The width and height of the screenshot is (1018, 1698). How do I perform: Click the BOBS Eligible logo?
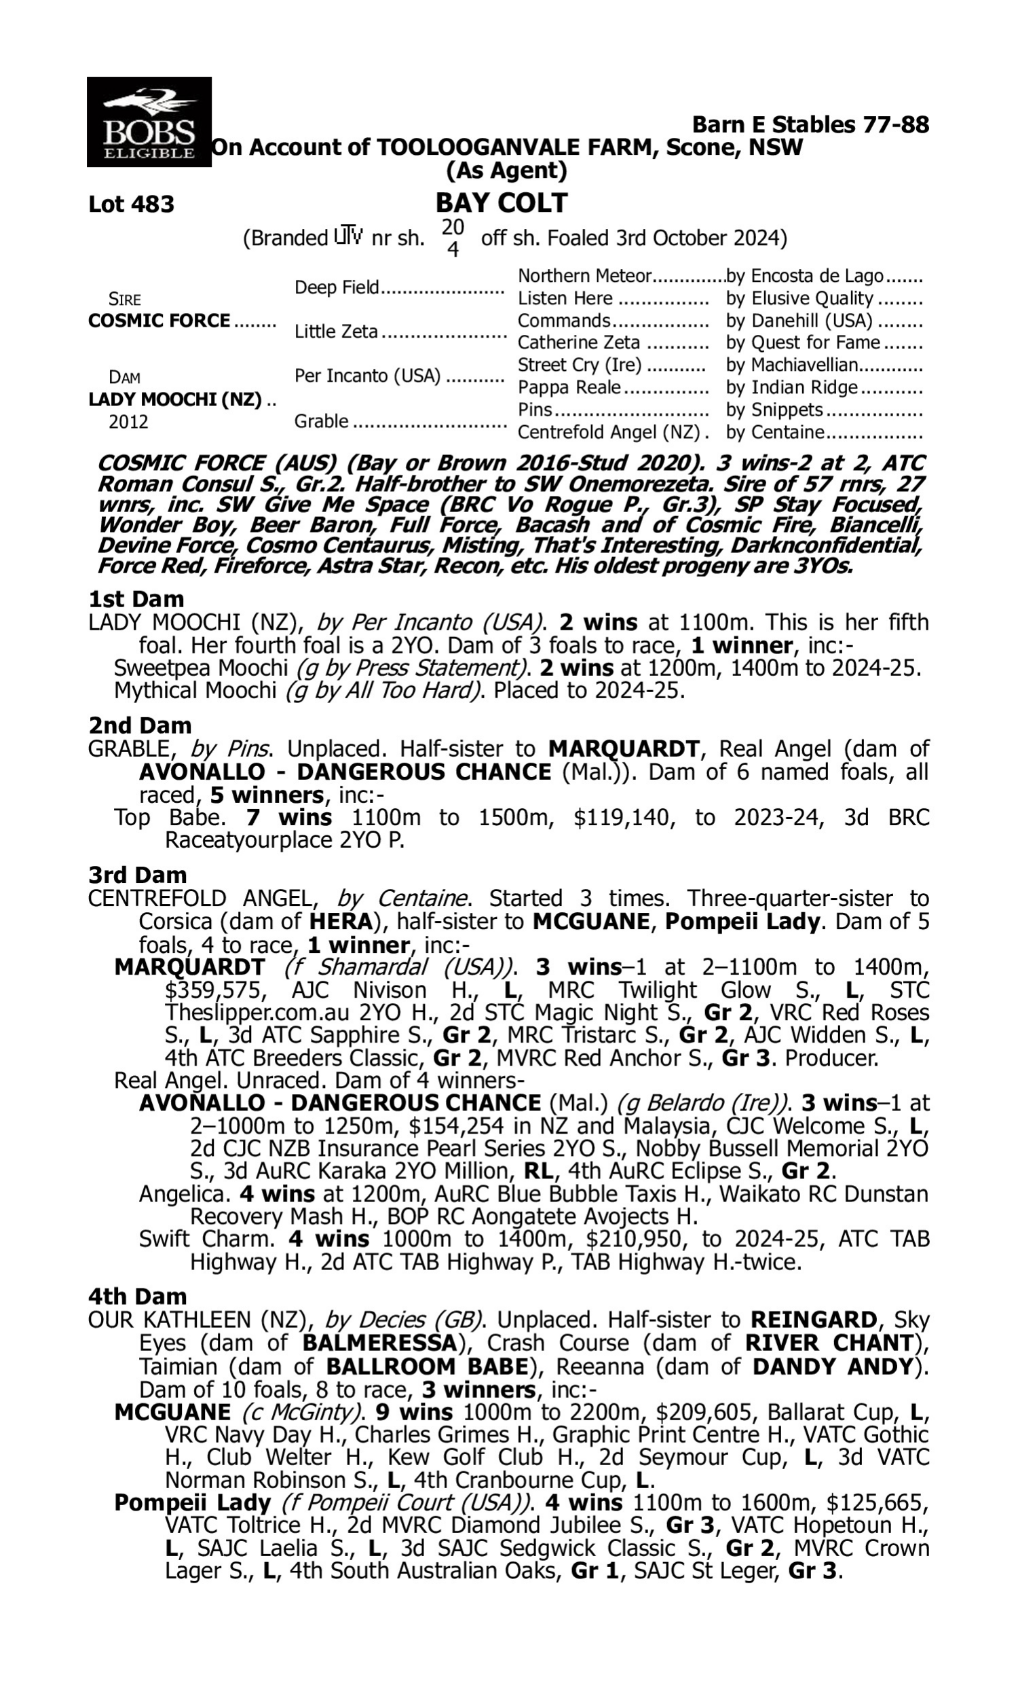click(149, 122)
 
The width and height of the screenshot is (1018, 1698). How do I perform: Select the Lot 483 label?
click(131, 204)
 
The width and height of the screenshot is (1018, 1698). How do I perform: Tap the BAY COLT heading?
click(502, 203)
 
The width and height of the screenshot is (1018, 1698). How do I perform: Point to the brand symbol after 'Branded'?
click(347, 237)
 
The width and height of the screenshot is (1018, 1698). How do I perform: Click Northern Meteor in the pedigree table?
click(584, 276)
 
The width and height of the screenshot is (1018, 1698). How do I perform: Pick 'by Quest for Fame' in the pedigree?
click(803, 342)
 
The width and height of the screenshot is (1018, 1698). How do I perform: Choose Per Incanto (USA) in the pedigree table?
click(367, 376)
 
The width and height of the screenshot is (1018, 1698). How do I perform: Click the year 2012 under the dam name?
click(128, 421)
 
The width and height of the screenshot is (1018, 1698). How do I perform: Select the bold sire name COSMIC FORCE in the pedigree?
click(159, 321)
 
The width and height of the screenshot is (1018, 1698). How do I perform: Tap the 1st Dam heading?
click(136, 599)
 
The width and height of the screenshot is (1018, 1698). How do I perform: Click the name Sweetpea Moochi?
click(200, 668)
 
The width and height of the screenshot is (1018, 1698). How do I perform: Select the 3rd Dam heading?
click(137, 875)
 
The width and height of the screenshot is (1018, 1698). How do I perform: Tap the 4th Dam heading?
click(137, 1297)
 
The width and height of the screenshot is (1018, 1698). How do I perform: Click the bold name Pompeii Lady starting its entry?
click(192, 1503)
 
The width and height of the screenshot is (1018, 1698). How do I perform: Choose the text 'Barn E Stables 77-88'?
click(810, 125)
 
